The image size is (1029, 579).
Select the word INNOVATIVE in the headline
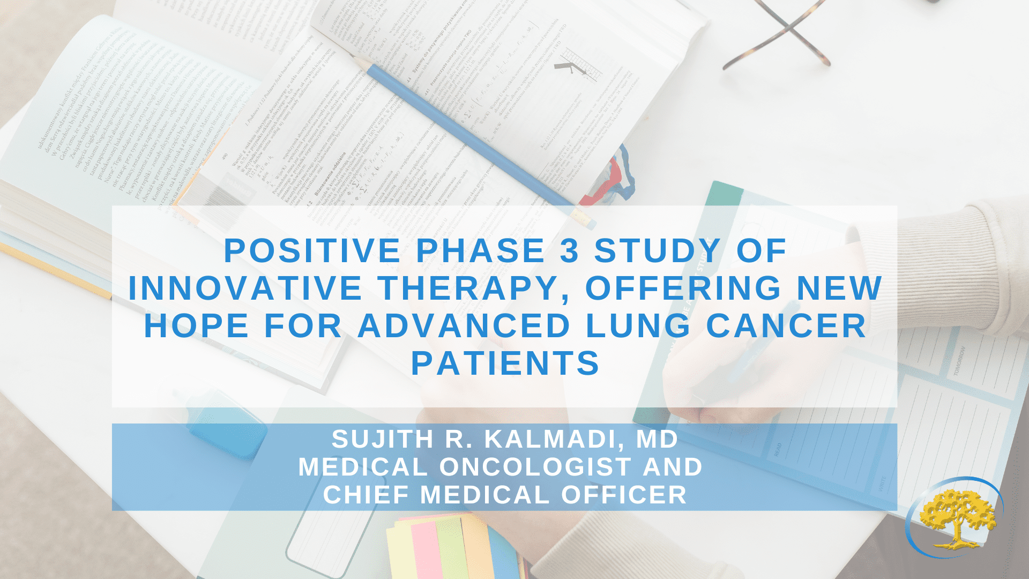pyautogui.click(x=245, y=288)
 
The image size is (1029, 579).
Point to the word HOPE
pyautogui.click(x=197, y=326)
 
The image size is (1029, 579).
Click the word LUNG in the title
pyautogui.click(x=638, y=326)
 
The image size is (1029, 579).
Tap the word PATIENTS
pyautogui.click(x=505, y=363)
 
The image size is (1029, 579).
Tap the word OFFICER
pyautogui.click(x=624, y=495)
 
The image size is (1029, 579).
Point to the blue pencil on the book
pyautogui.click(x=472, y=137)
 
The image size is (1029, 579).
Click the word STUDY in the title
pyautogui.click(x=658, y=251)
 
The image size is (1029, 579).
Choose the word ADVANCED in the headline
pyautogui.click(x=464, y=326)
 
